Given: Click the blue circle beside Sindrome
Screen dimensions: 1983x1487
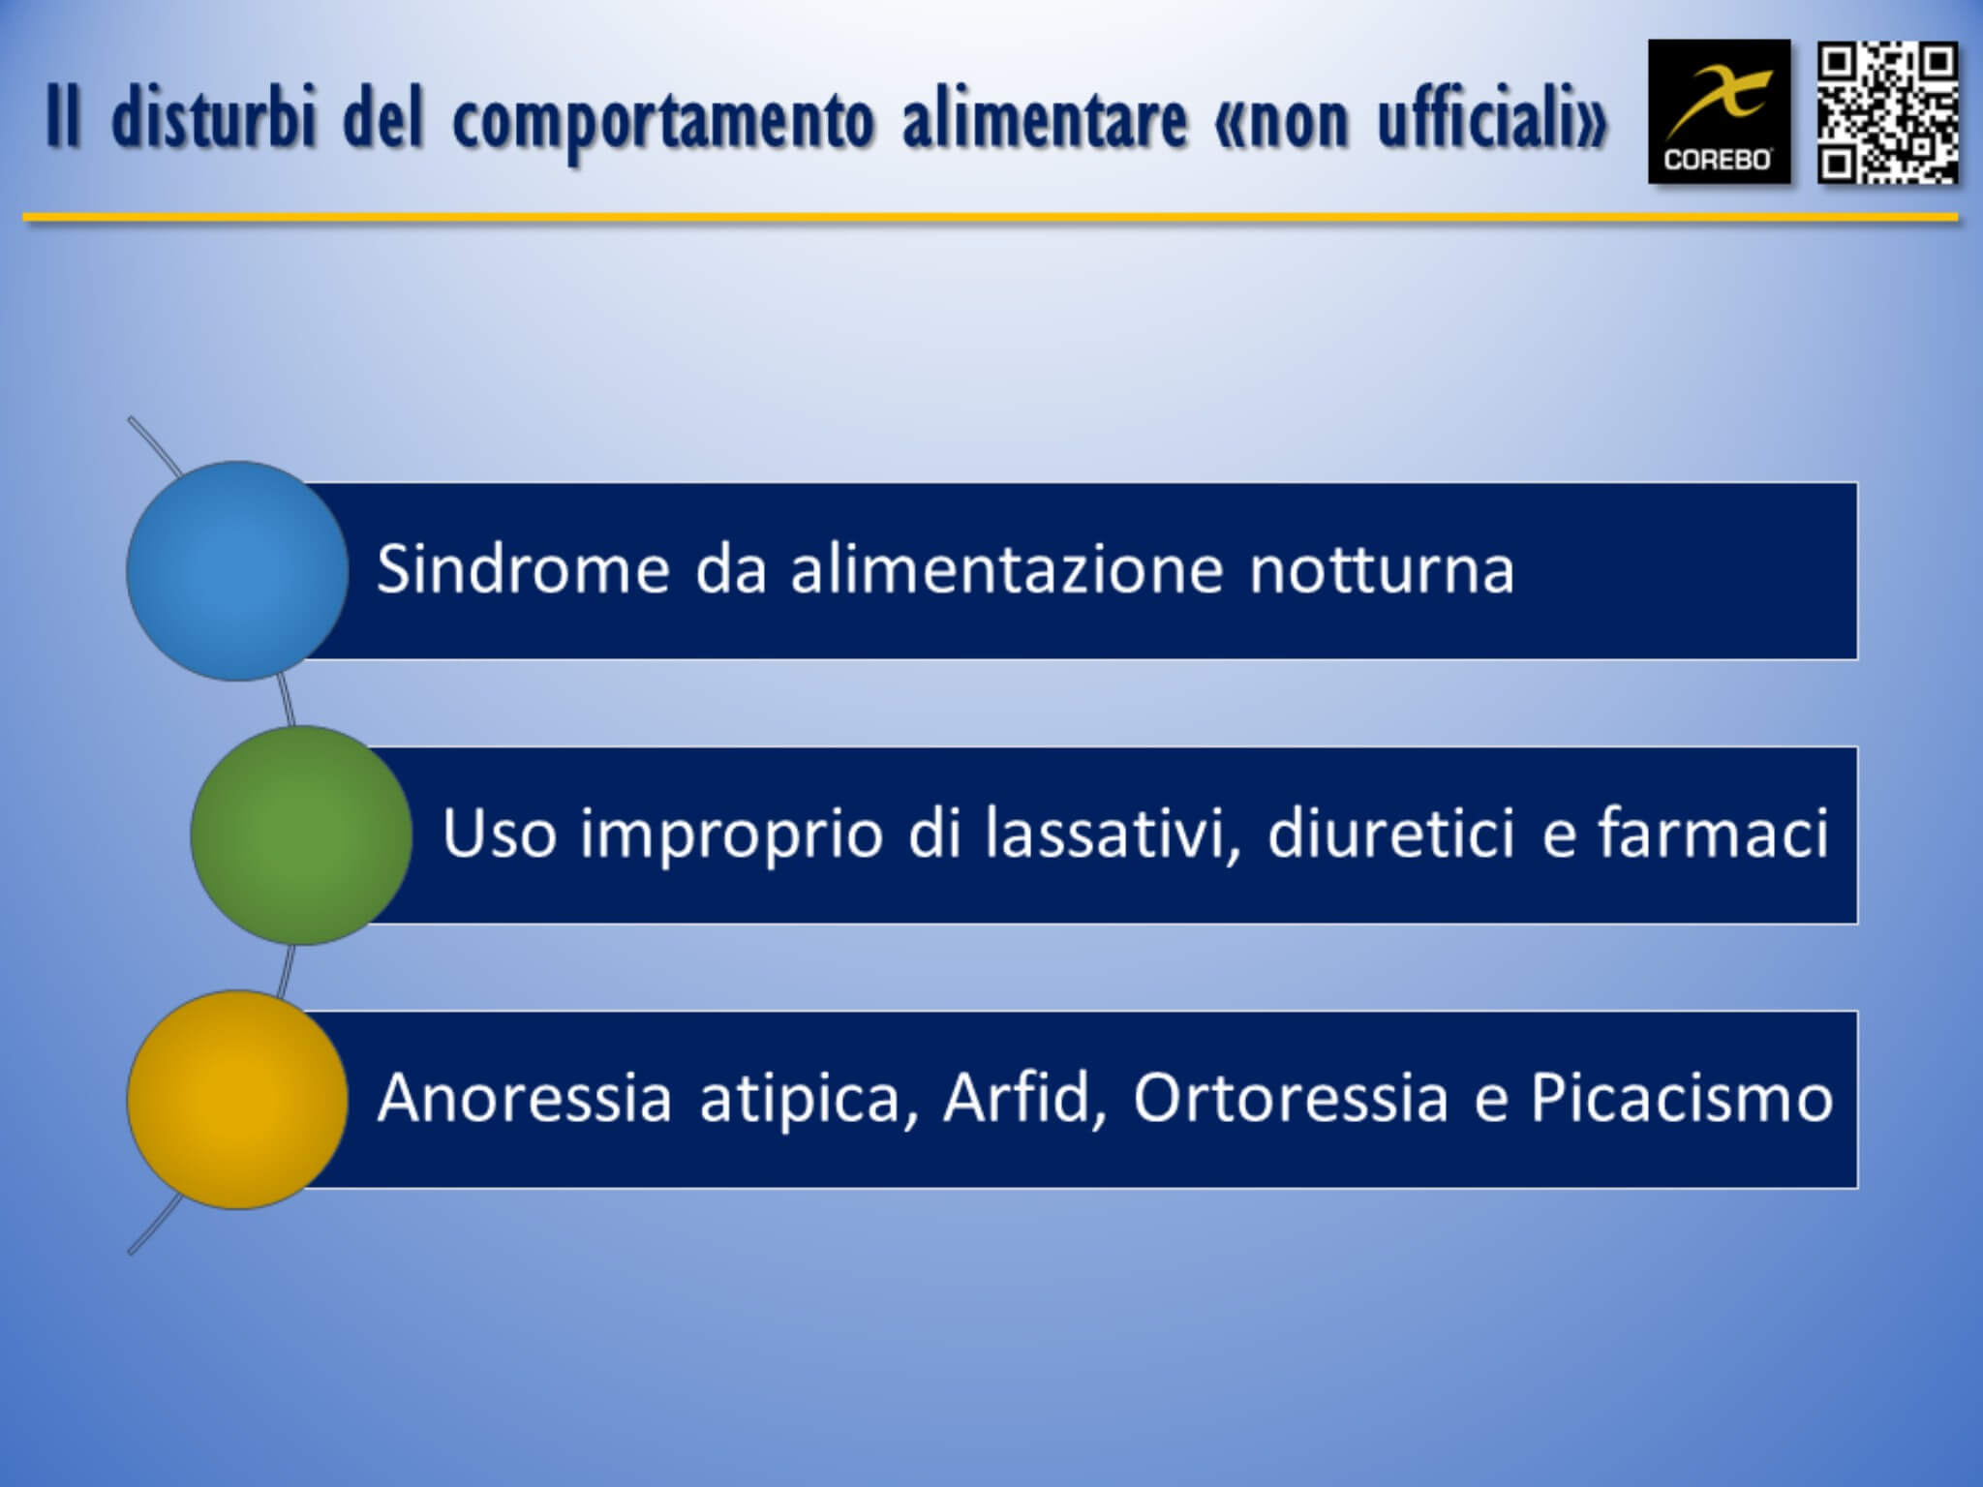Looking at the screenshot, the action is [237, 571].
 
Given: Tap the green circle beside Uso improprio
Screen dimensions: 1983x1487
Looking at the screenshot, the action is [301, 835].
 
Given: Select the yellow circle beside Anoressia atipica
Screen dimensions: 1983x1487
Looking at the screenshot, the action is [237, 1100].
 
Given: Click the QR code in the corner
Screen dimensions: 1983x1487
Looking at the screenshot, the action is [1887, 112].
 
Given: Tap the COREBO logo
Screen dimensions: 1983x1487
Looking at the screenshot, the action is [1719, 111].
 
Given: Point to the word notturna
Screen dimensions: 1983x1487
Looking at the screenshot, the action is [1382, 570].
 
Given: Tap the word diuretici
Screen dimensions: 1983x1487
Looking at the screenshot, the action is [1390, 833].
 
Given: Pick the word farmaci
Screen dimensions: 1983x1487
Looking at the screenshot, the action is [1712, 833].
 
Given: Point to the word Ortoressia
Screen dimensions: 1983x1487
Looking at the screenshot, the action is [1291, 1098].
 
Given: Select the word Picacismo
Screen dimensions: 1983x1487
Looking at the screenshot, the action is [1682, 1098].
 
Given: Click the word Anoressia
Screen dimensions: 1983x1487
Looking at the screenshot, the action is [524, 1098].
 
